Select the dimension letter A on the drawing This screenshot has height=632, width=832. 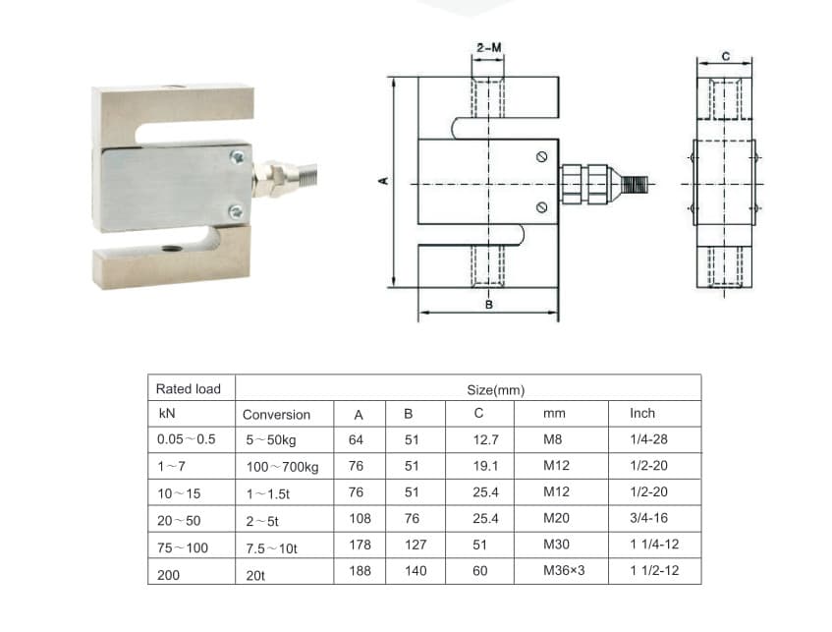pos(384,181)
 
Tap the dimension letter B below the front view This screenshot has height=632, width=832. pos(488,306)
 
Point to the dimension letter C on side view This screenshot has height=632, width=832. pos(725,57)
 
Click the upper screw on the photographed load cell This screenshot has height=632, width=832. pos(236,156)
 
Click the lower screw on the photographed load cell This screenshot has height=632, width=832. pos(236,211)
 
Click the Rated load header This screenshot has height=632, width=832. pos(188,388)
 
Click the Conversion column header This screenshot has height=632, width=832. pos(276,415)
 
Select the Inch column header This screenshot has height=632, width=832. pos(641,413)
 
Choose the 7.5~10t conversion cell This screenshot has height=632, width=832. pos(272,546)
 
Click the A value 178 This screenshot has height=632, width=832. pos(360,544)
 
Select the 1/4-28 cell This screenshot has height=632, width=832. pos(647,439)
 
